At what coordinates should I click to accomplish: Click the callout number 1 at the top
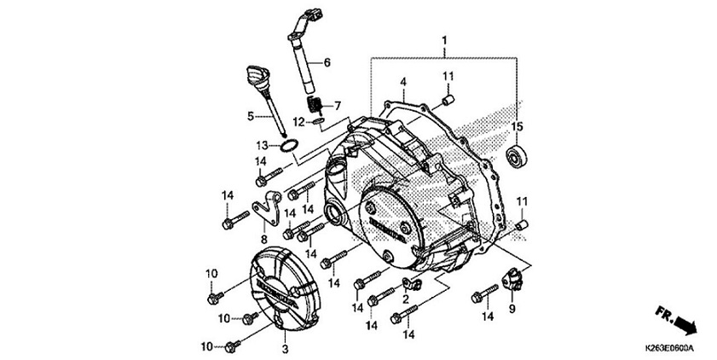point(443,41)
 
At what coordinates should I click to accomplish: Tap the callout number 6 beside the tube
point(327,63)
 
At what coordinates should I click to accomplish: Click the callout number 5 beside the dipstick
point(251,115)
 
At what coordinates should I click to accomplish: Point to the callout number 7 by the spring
point(338,106)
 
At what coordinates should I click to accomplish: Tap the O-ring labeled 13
point(290,148)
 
